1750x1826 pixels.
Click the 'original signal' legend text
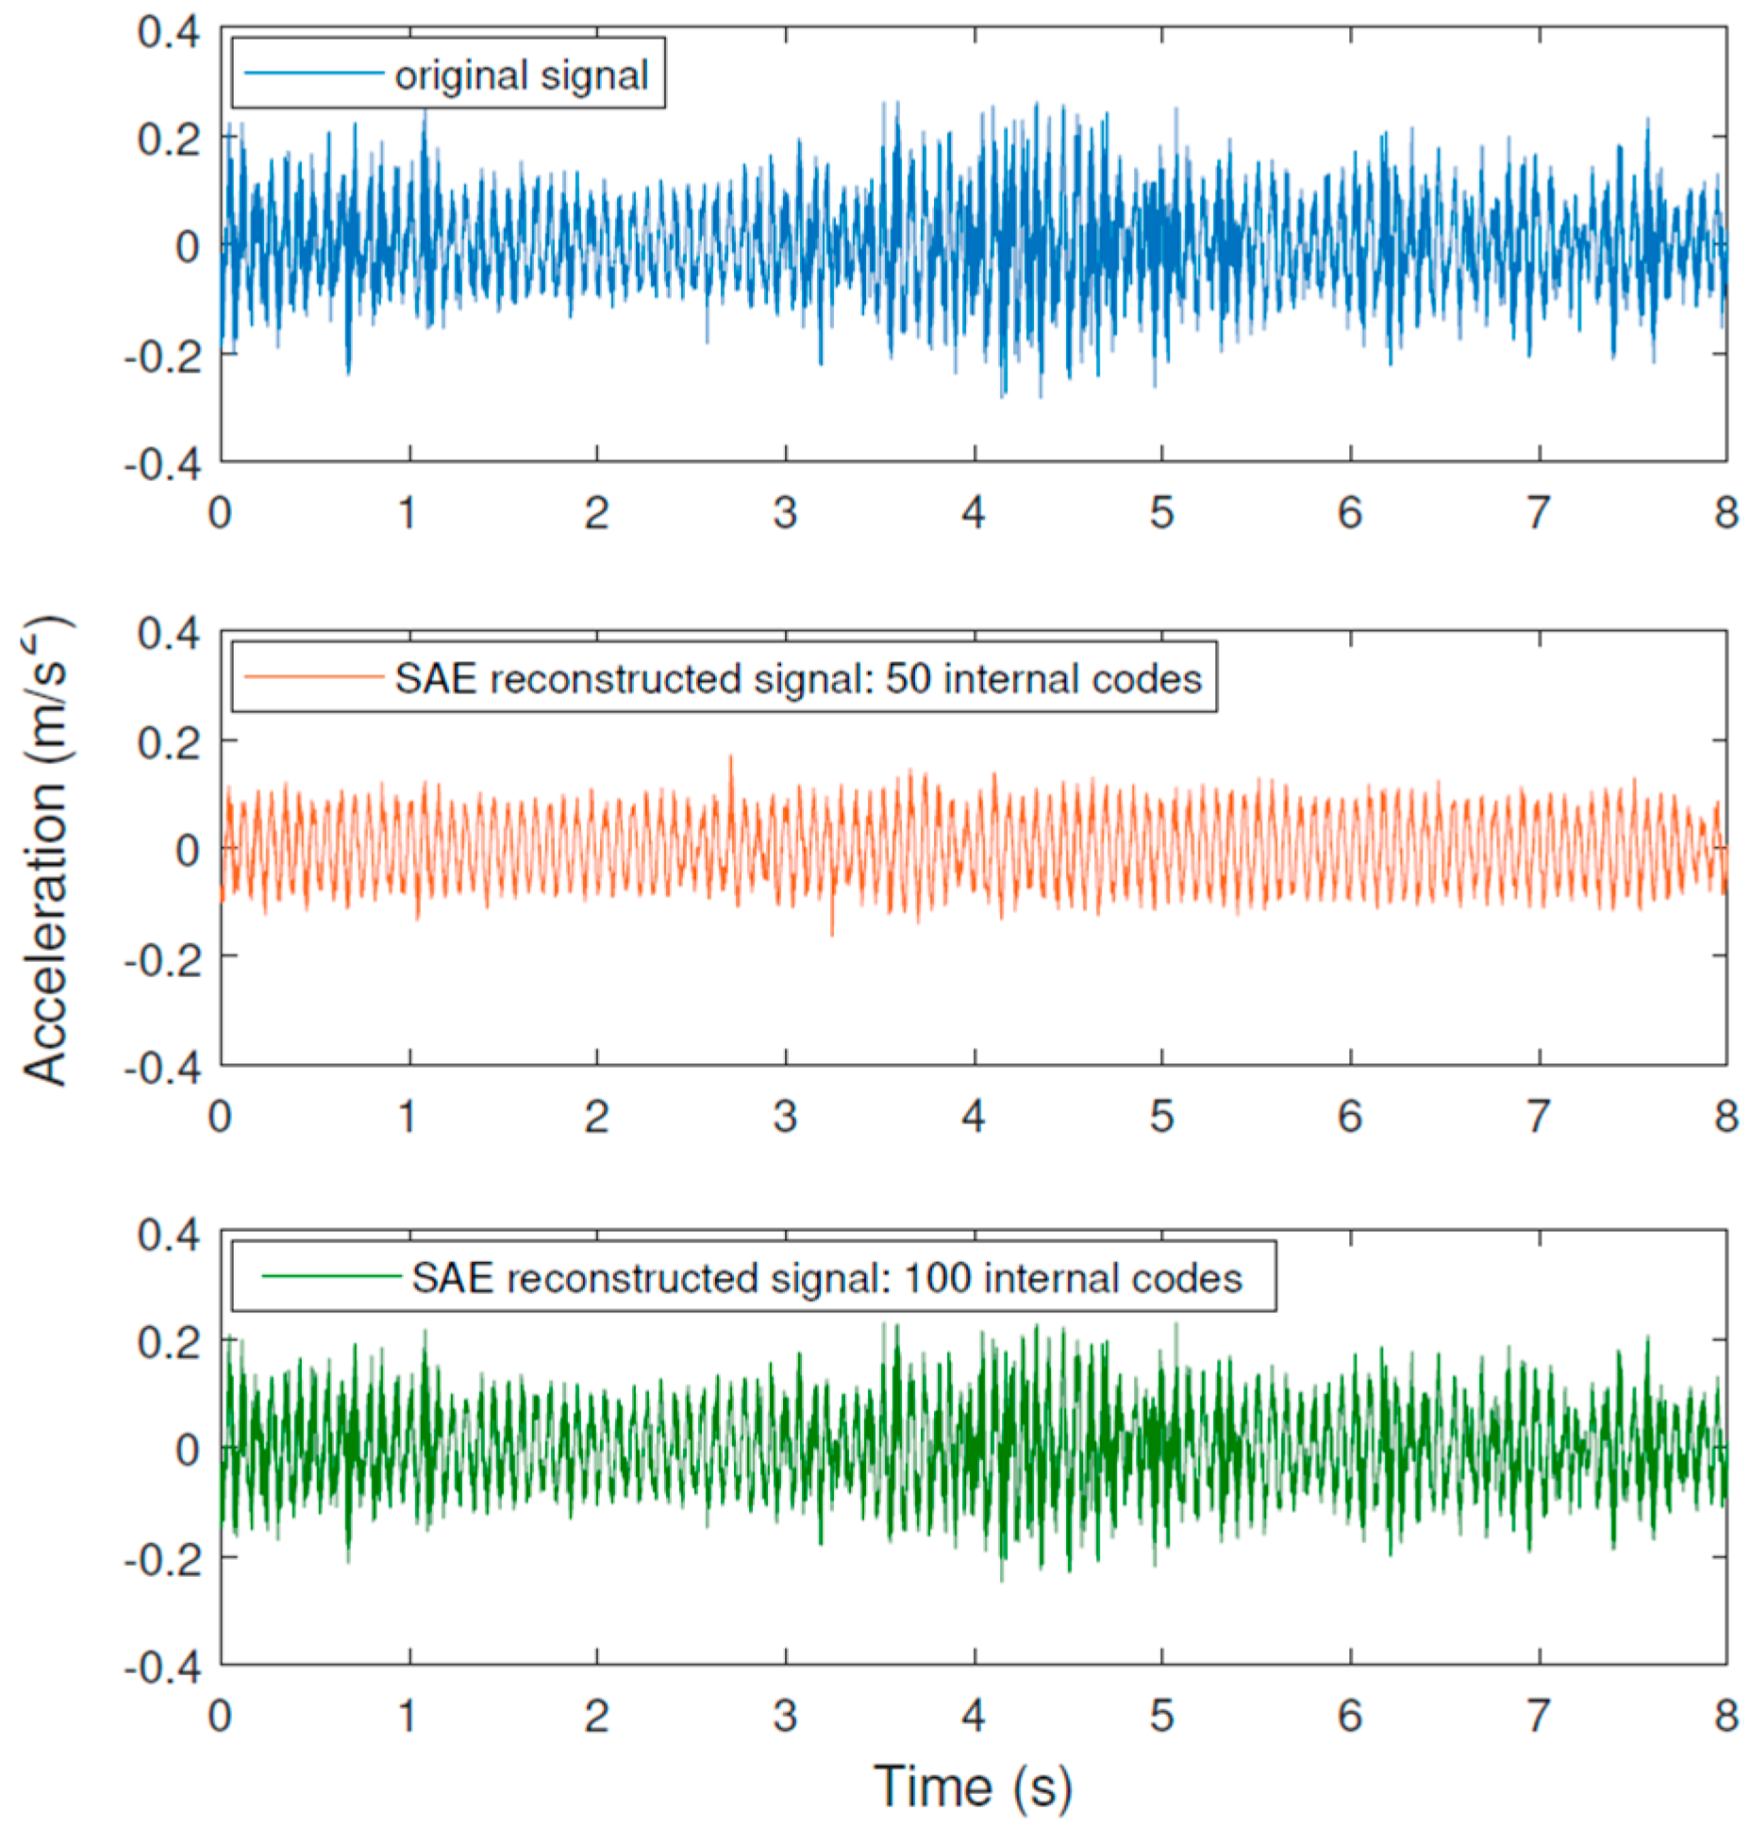521,75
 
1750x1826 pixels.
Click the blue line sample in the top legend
313,74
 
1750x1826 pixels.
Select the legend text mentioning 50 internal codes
798,678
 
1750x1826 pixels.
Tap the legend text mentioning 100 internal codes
827,1278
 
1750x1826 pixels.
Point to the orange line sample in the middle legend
313,676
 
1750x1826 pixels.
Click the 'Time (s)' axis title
973,1785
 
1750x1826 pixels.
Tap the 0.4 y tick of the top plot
169,32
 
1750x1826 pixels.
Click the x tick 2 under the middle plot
596,1117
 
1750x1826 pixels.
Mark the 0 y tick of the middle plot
187,850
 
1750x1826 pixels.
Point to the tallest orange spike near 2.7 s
730,757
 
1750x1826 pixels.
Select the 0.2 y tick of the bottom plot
169,1341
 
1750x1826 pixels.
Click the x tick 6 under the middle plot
1350,1117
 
